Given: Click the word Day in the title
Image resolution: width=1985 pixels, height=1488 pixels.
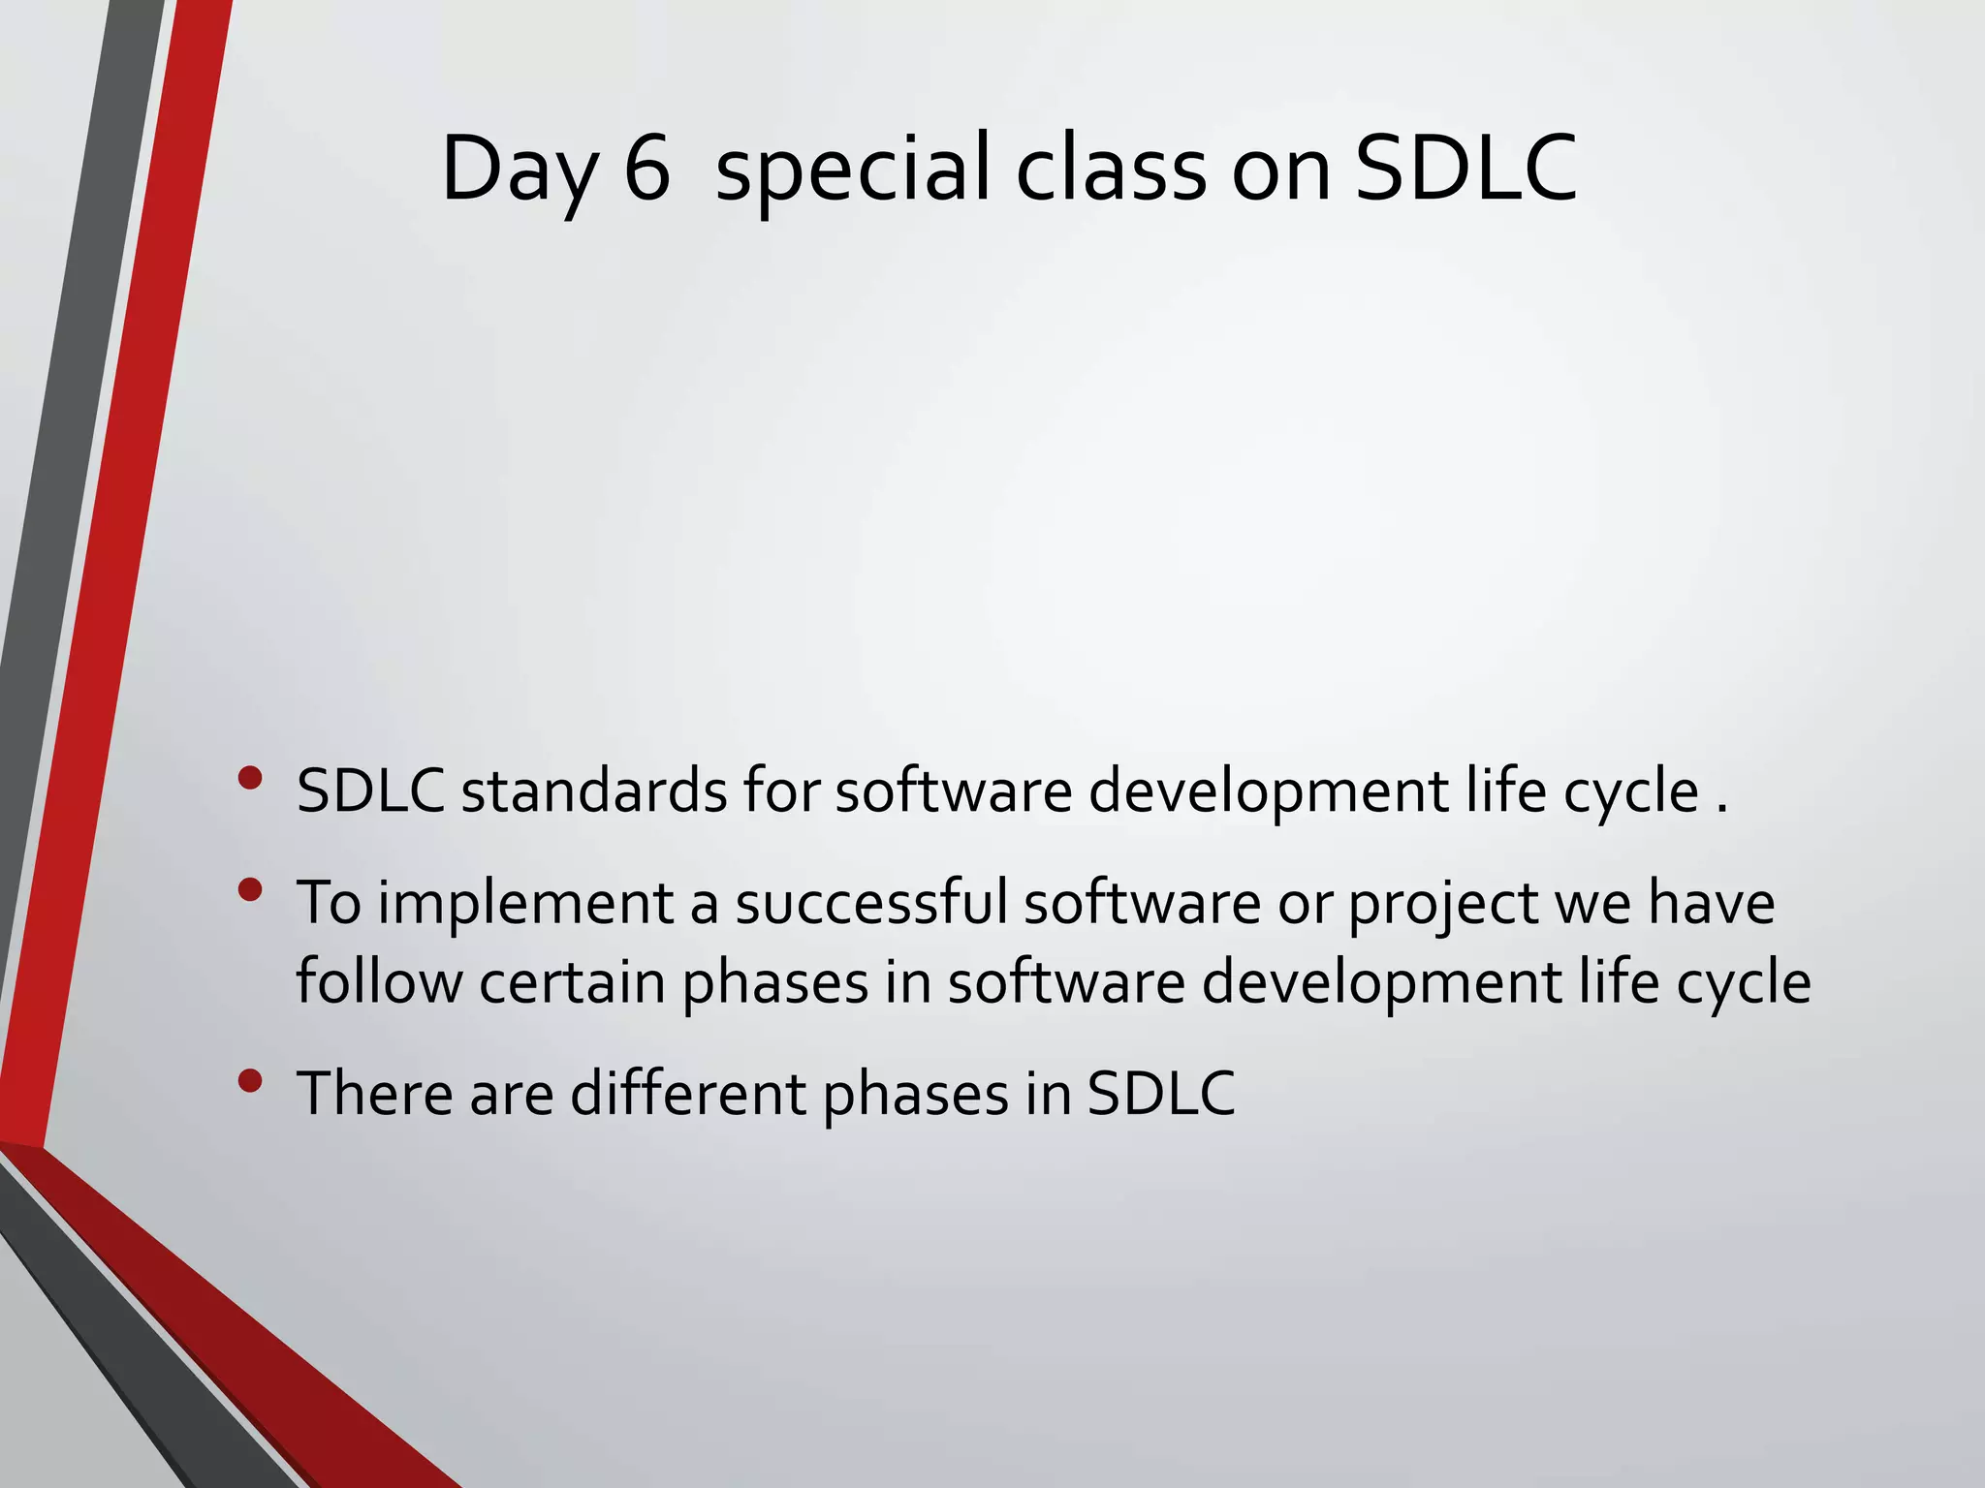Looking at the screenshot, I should coord(519,170).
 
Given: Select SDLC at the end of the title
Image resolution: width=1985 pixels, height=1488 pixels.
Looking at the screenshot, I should coord(1465,169).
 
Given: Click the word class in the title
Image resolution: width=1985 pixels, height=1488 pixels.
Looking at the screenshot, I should coord(1111,169).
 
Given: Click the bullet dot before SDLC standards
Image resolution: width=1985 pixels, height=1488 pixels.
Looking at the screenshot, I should coord(249,778).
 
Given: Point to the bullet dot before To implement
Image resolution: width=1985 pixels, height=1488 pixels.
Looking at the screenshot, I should coord(249,889).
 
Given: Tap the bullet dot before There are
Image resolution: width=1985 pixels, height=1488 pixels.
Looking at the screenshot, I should coord(249,1080).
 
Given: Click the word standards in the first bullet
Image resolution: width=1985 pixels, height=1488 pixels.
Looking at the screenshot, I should coord(593,790).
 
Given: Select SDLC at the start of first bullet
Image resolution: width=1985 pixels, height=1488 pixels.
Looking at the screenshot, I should coord(369,790).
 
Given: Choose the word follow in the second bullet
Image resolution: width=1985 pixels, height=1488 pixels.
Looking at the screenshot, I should coord(379,981).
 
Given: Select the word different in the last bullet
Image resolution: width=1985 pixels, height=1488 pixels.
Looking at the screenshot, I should coord(687,1093).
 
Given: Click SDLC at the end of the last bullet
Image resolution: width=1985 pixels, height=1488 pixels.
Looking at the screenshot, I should coord(1160,1093).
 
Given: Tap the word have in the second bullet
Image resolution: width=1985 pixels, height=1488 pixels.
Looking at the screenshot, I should coord(1711,902).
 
